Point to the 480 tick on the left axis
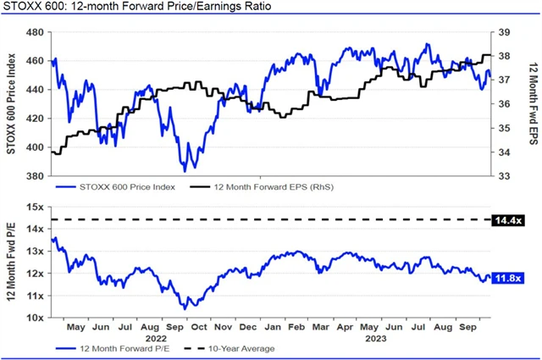(35, 33)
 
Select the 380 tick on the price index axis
(35, 176)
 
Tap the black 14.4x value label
(510, 220)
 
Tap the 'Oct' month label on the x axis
(200, 327)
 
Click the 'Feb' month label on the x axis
(298, 327)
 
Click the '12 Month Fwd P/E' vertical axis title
(11, 262)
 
